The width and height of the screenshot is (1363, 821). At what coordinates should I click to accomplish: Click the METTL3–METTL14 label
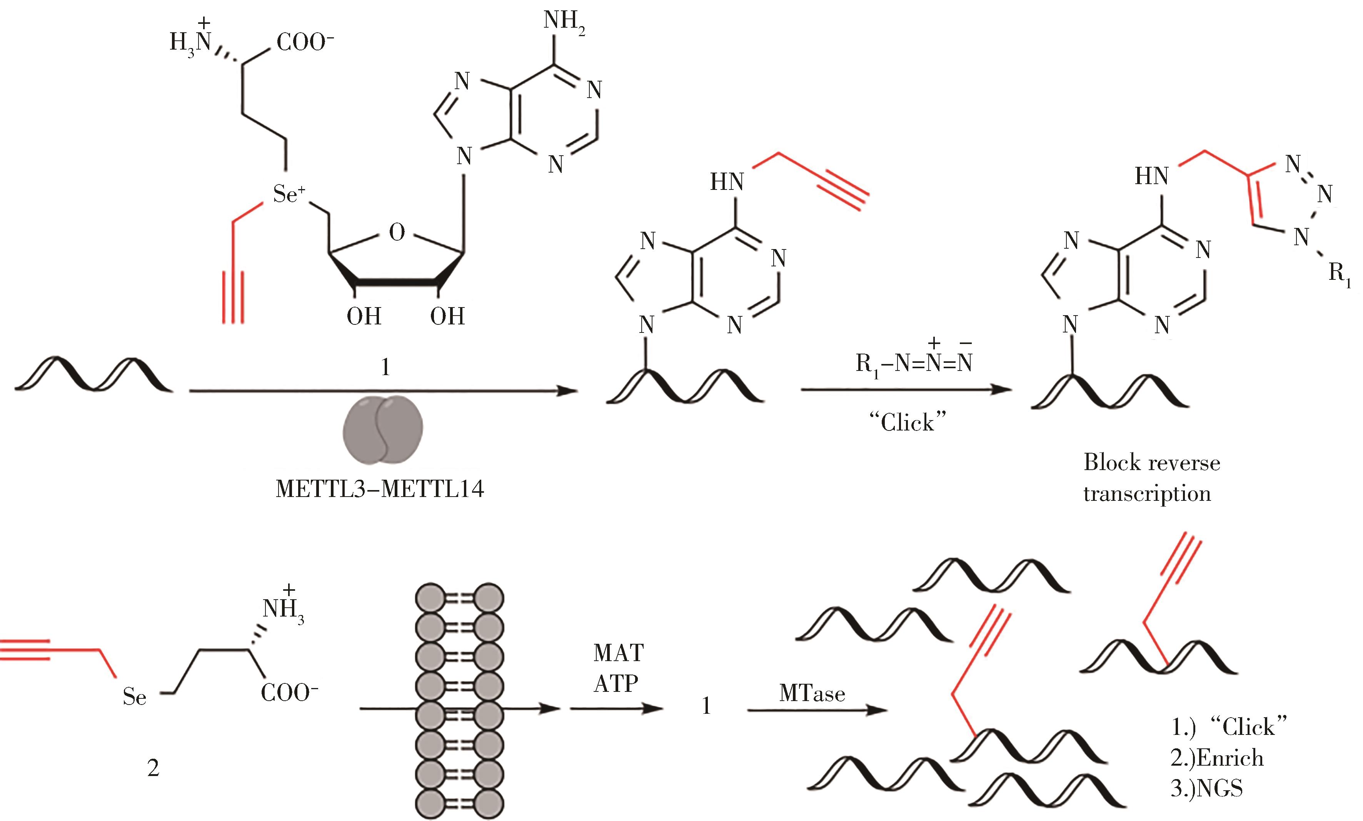pos(379,489)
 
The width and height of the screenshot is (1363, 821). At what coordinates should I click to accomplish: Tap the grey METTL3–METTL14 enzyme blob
pos(383,429)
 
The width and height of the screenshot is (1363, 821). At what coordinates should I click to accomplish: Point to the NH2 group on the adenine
pos(564,22)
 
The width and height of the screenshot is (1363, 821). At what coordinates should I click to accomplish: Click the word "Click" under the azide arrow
pos(907,423)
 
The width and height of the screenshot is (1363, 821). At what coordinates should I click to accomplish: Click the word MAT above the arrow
pos(619,653)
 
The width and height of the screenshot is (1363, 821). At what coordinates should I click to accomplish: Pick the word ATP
pos(616,684)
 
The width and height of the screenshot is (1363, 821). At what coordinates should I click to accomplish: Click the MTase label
pos(812,694)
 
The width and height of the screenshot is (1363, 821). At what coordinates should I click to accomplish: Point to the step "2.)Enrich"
pos(1217,758)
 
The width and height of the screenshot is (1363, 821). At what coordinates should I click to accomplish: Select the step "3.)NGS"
pos(1206,788)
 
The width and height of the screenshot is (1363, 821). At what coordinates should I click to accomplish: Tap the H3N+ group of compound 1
pos(191,42)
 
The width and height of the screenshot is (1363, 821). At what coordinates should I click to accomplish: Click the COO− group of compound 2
pos(289,693)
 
